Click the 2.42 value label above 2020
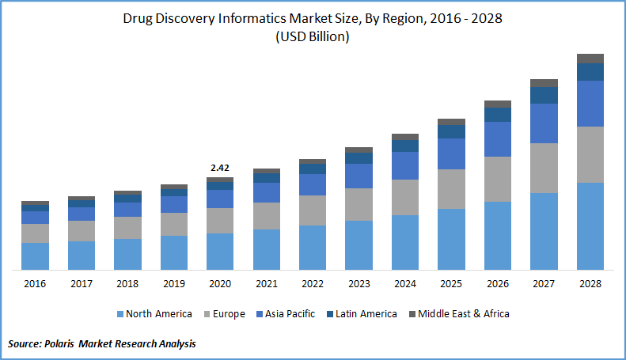tap(220, 168)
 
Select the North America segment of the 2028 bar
tap(590, 226)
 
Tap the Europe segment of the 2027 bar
tap(544, 168)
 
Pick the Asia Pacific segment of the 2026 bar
tap(498, 138)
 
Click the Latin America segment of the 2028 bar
tap(590, 71)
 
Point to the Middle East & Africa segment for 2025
tap(451, 122)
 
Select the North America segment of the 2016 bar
tap(35, 256)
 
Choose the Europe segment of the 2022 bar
tap(313, 210)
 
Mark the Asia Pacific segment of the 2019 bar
tap(173, 204)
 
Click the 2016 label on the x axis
tap(35, 283)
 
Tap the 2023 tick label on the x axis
tap(359, 283)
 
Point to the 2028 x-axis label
tap(590, 283)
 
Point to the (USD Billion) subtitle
tap(313, 37)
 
